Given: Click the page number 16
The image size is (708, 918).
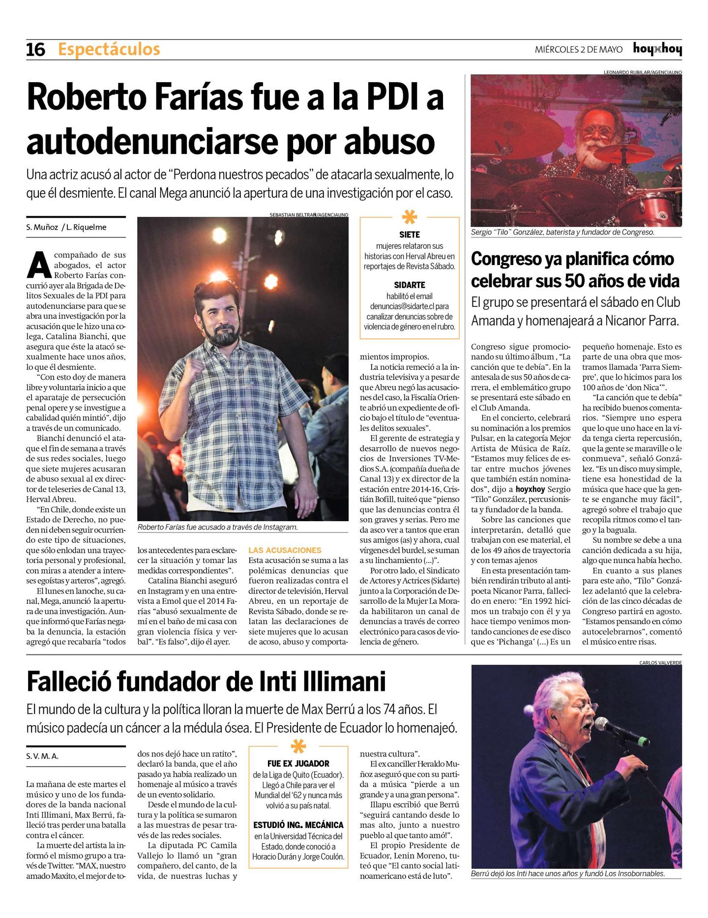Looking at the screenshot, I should [x=35, y=50].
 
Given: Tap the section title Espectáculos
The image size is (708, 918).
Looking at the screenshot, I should [x=109, y=50].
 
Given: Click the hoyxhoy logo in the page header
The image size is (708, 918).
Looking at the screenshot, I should [x=657, y=49].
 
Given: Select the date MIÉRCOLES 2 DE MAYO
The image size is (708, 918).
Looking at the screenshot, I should [x=578, y=50].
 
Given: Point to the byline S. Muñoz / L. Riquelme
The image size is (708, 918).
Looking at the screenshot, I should [x=66, y=227].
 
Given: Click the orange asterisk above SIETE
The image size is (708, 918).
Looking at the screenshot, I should [x=410, y=217].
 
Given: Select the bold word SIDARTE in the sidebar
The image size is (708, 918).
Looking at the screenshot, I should [x=410, y=285].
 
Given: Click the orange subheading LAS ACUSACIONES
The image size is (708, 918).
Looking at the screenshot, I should [x=285, y=550].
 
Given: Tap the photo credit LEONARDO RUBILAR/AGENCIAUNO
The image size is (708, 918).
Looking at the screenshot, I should [x=642, y=72].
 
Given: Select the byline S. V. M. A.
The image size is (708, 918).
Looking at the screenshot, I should [x=42, y=756].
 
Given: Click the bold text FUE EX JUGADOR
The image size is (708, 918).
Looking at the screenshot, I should [x=298, y=764].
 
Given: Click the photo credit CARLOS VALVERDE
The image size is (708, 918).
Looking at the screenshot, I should [x=660, y=662].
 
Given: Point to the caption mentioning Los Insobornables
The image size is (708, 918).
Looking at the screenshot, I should [x=568, y=874].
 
